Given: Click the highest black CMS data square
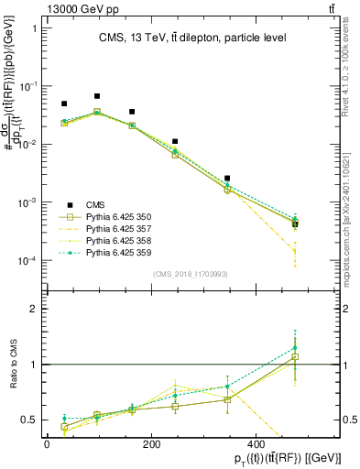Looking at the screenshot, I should [x=97, y=96].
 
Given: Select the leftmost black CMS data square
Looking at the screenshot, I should [x=64, y=104].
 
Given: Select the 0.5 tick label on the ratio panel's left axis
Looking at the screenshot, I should [x=27, y=420].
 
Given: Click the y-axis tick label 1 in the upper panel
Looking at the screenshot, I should [x=33, y=27].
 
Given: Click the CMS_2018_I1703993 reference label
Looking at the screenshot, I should [x=192, y=273].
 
